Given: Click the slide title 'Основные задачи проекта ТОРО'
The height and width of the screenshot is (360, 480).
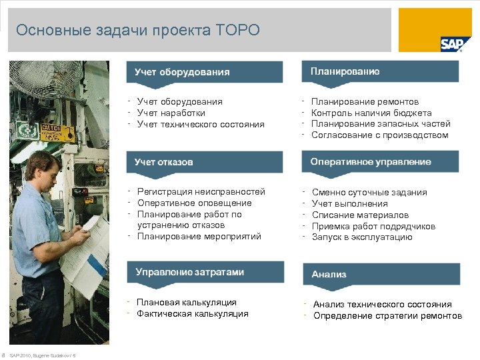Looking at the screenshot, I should [138, 30].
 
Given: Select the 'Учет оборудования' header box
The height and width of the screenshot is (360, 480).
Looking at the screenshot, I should [205, 72].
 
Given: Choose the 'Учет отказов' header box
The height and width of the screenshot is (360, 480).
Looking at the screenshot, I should [205, 162].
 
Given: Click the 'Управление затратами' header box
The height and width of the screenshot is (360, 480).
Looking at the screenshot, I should [205, 272].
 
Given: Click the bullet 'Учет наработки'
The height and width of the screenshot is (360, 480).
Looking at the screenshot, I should [171, 113].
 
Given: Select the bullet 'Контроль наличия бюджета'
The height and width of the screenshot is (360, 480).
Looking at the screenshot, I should [371, 113].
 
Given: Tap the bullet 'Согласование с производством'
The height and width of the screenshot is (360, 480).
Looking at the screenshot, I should [380, 135].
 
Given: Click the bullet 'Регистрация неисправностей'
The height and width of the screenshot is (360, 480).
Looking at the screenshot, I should [201, 192].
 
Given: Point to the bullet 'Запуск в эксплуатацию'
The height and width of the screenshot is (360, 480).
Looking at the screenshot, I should [362, 237].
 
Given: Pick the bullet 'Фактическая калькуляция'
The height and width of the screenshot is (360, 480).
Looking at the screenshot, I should [192, 314].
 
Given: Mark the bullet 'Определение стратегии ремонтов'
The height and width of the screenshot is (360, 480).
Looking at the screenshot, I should [387, 315].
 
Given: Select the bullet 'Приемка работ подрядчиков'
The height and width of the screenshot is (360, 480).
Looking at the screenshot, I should [373, 226].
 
